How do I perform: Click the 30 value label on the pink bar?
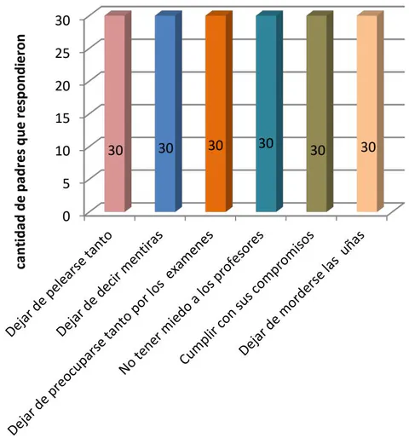click(x=116, y=150)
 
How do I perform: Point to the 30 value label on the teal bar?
click(x=266, y=143)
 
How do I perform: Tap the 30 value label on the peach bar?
click(x=368, y=147)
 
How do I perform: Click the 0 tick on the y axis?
click(x=66, y=216)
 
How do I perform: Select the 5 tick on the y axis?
click(x=66, y=183)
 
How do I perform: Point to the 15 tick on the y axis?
click(x=63, y=118)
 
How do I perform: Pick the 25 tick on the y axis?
click(x=63, y=52)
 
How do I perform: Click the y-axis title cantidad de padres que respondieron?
click(x=20, y=152)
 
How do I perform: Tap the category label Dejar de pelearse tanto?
click(x=60, y=285)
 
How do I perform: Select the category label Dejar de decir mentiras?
click(x=111, y=284)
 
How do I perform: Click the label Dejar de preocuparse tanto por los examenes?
click(x=111, y=334)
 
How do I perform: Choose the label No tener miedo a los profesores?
click(x=192, y=303)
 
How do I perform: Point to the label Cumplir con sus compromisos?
click(x=247, y=297)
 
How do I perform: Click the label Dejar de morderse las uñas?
click(x=302, y=292)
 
